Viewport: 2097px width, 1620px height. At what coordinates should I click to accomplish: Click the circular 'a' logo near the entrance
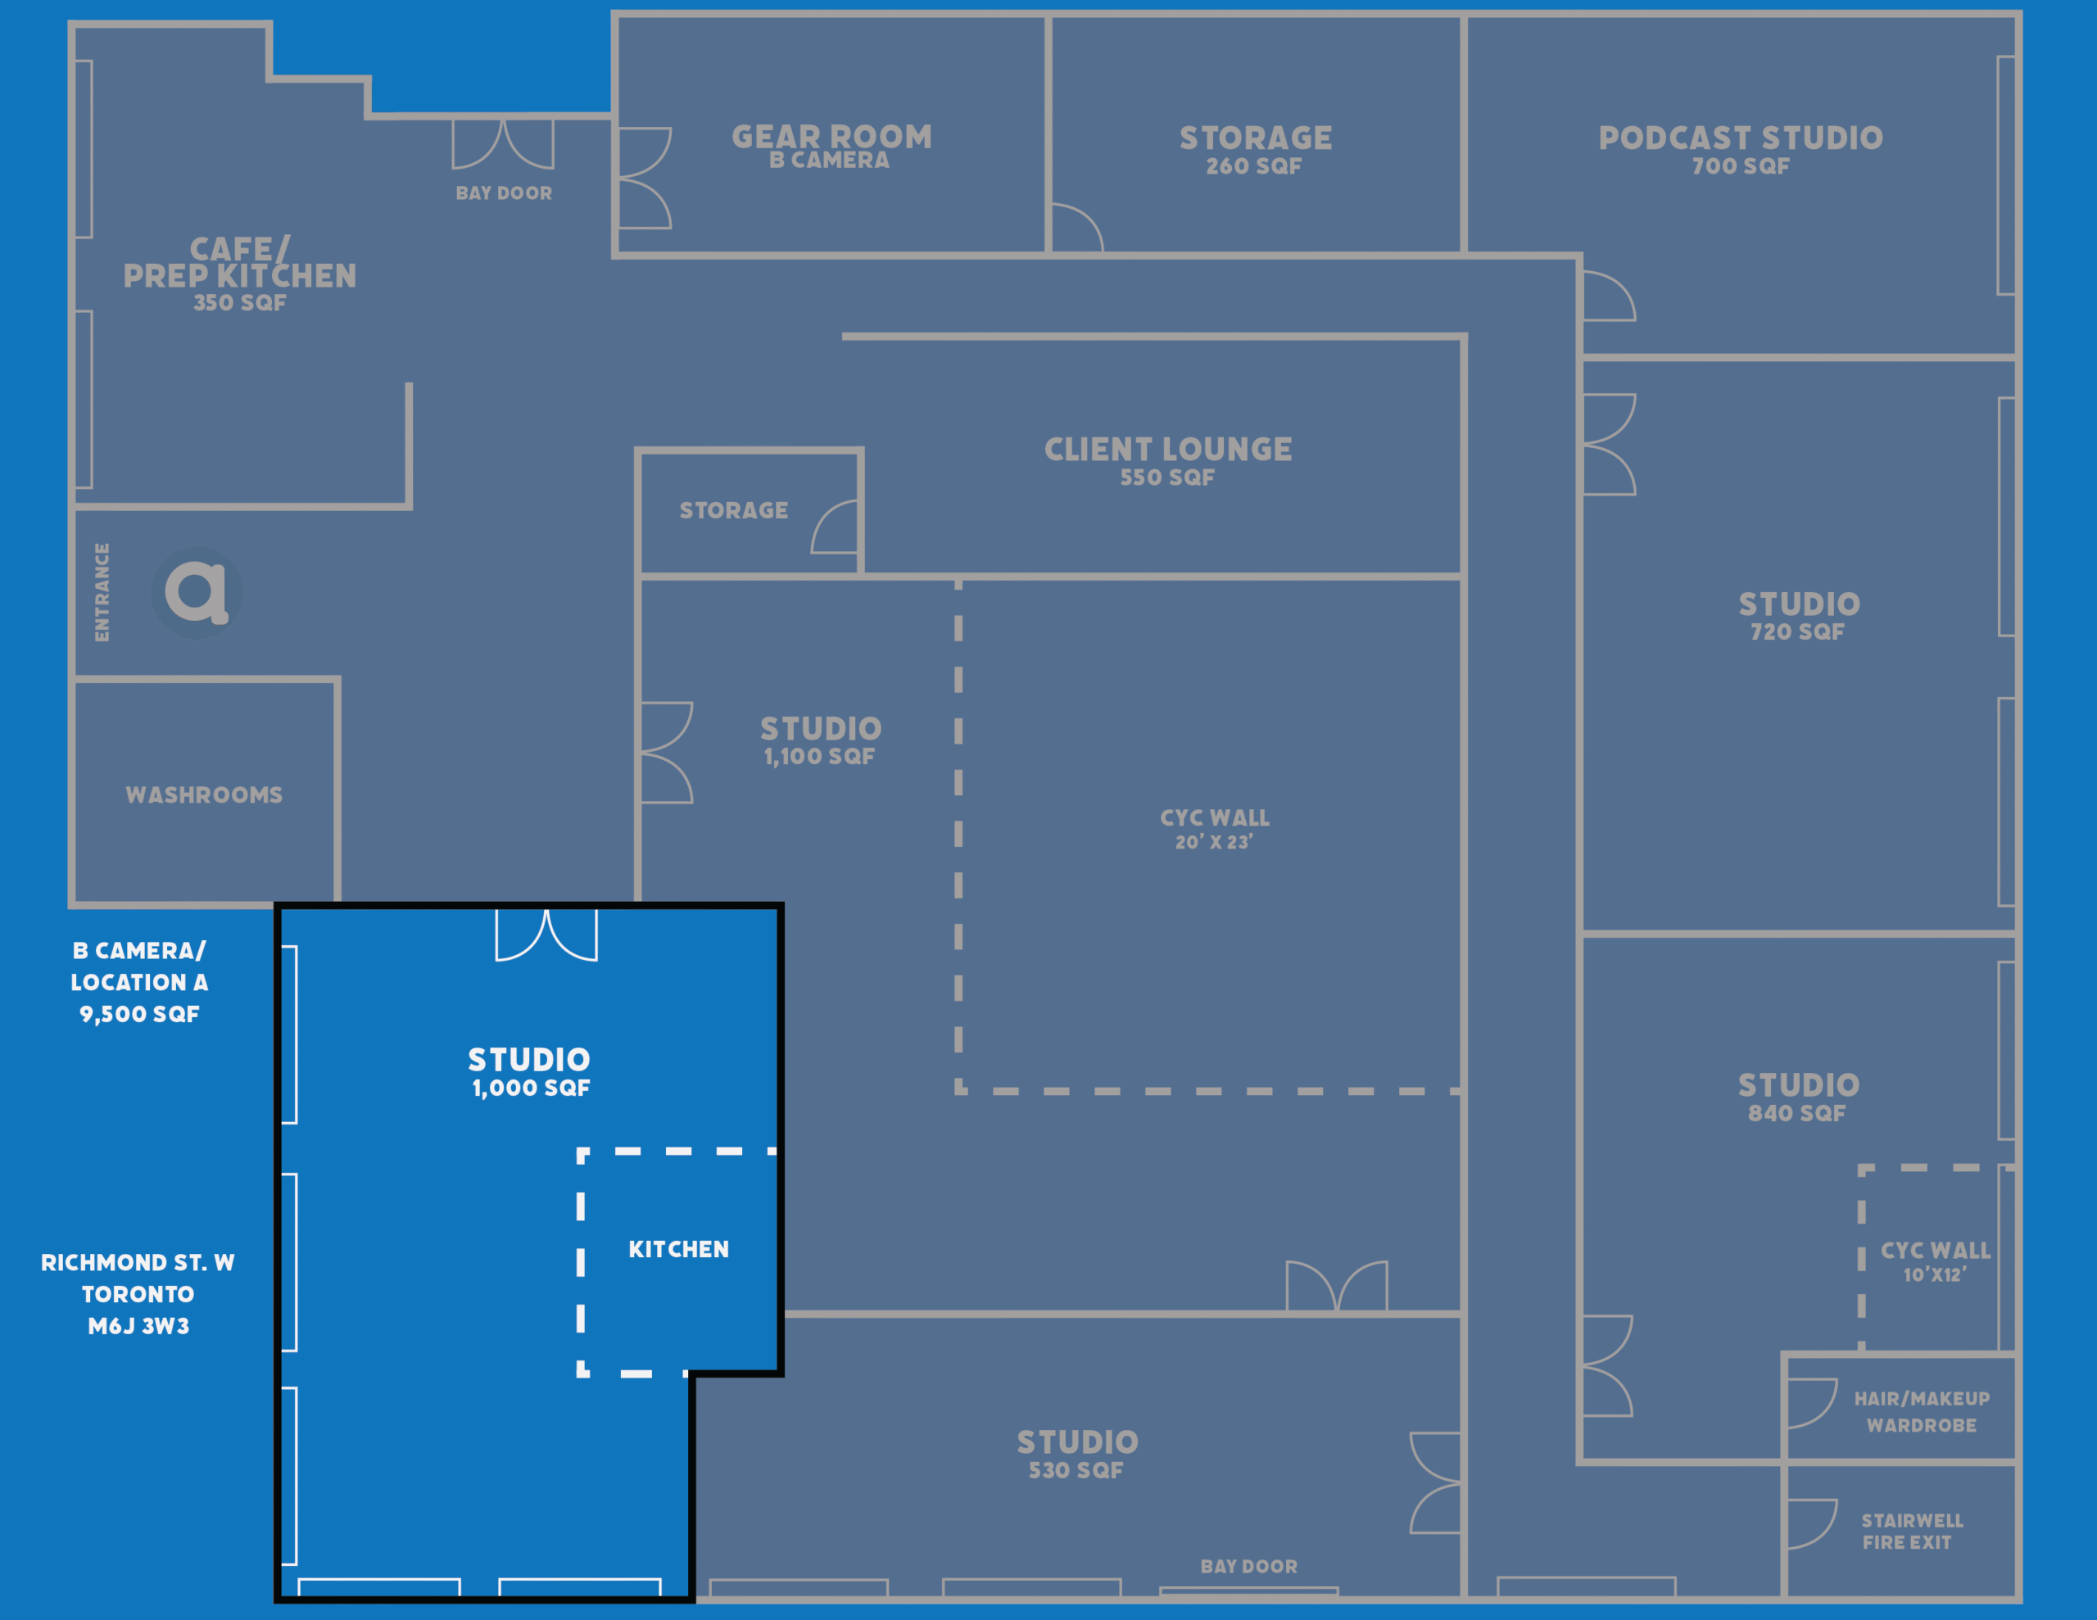point(197,592)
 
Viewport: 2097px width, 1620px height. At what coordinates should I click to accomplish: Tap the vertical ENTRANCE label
point(102,592)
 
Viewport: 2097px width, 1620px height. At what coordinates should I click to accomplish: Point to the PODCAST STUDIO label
point(1740,138)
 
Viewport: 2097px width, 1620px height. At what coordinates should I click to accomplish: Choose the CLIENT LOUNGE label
point(1167,450)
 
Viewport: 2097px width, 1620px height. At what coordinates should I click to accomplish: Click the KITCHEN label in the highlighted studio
point(679,1249)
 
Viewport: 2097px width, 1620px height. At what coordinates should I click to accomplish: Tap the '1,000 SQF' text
point(531,1088)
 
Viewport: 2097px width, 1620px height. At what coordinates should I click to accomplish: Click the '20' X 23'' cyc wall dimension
point(1214,842)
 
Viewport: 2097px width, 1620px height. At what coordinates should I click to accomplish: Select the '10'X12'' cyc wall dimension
point(1935,1274)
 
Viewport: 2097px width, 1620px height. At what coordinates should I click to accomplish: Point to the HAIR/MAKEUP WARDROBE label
point(1921,1412)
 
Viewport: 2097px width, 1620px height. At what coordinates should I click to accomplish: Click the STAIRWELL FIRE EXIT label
point(1912,1532)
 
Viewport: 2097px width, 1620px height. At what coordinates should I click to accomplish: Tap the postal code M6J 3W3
point(138,1326)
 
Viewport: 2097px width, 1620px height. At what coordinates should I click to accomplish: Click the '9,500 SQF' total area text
point(139,1014)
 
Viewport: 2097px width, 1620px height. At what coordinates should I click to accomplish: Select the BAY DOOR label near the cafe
point(504,193)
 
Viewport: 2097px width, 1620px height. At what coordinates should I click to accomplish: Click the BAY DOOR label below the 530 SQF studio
point(1248,1566)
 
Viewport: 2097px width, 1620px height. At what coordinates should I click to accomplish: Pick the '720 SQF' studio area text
point(1796,632)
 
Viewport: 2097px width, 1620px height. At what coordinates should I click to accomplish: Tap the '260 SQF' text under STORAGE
point(1254,166)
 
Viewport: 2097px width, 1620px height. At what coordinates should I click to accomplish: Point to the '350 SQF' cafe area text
point(240,302)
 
